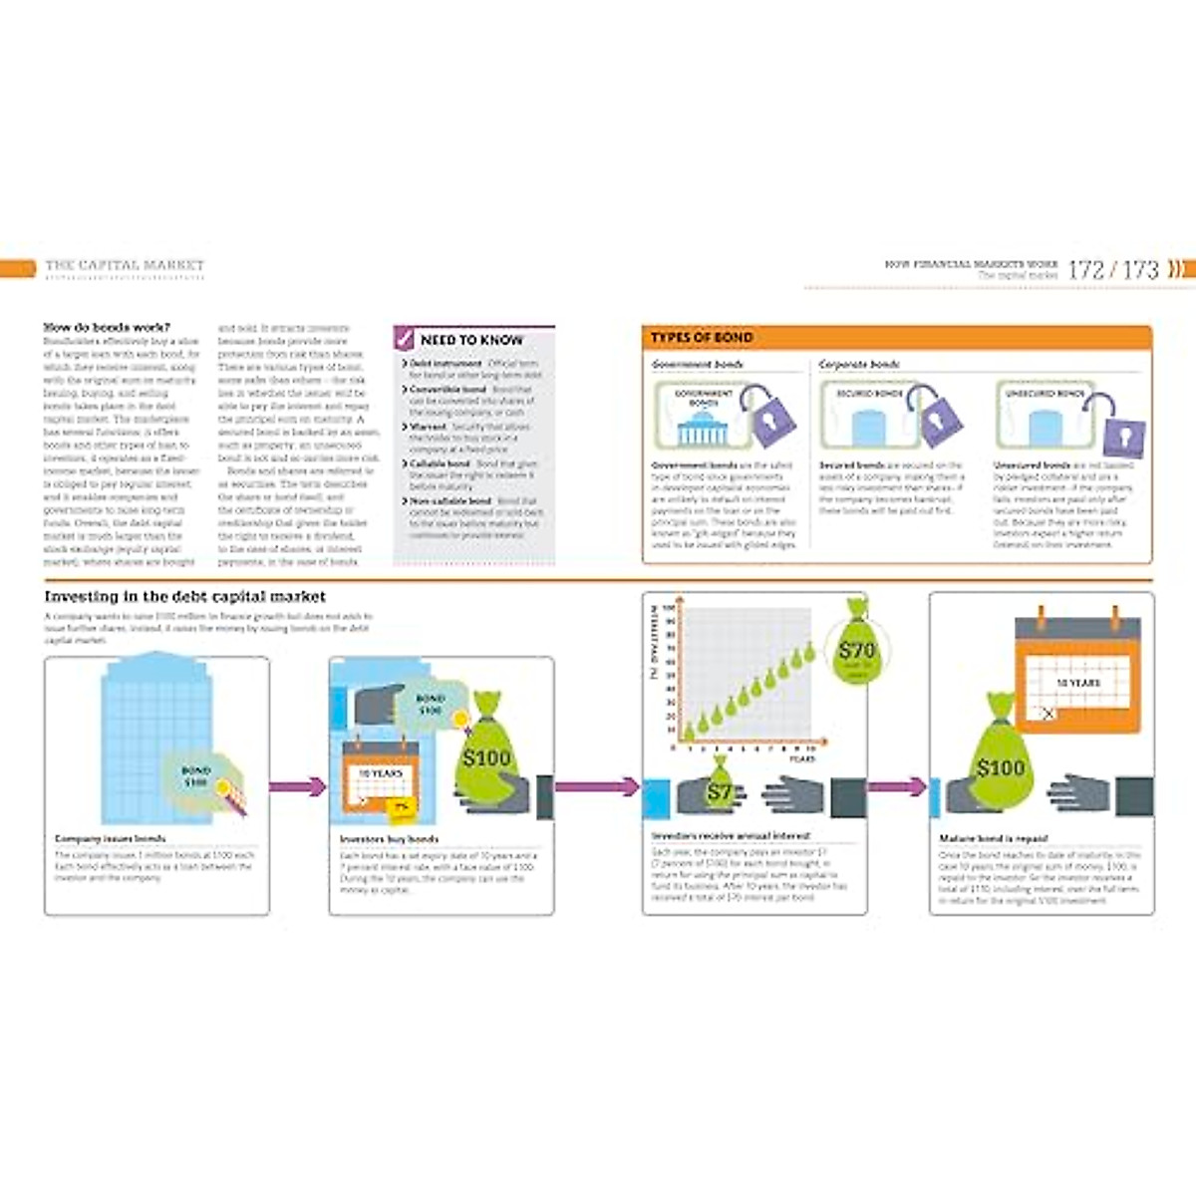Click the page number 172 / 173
(x=1113, y=269)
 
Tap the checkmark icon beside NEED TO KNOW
(x=405, y=339)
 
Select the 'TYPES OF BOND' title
(x=702, y=338)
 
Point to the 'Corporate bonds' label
(x=858, y=365)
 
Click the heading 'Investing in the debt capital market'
(x=184, y=597)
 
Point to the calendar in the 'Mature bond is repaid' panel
(x=1076, y=673)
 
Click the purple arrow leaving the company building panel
(x=298, y=786)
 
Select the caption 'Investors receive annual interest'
(x=731, y=836)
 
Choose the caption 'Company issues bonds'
(x=111, y=839)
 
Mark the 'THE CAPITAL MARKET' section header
(x=125, y=265)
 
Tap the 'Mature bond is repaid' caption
(x=994, y=839)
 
